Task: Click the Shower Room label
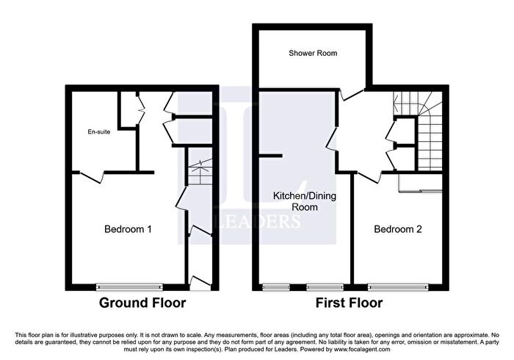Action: click(x=313, y=53)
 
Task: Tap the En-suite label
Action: click(x=98, y=132)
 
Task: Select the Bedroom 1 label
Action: click(x=128, y=228)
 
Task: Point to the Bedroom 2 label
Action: click(x=398, y=228)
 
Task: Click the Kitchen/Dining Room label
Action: click(x=305, y=201)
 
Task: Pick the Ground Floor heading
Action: click(x=142, y=303)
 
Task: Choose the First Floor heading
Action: click(x=349, y=303)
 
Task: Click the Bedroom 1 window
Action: click(x=129, y=287)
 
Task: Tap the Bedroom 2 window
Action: click(x=398, y=287)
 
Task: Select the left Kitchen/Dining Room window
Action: click(x=276, y=287)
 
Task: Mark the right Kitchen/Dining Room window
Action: click(x=325, y=287)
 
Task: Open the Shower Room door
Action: click(x=352, y=95)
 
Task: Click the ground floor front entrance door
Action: click(x=200, y=284)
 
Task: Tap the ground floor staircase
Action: click(x=200, y=166)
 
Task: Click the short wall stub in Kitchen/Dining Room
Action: click(x=270, y=156)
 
